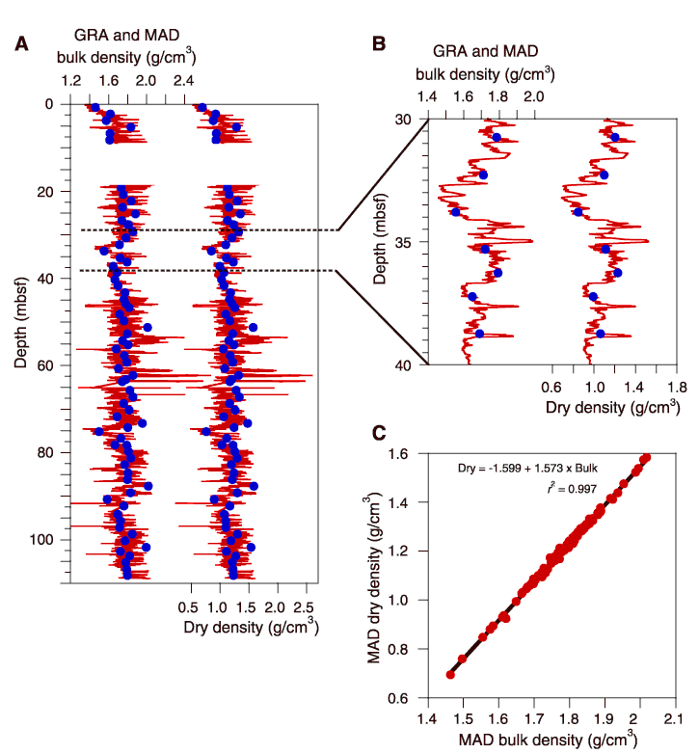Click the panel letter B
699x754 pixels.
(x=379, y=42)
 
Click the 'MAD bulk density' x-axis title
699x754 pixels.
(x=547, y=740)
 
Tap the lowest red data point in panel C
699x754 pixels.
(x=450, y=675)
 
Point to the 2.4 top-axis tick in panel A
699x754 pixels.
(x=184, y=82)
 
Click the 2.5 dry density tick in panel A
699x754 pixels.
(x=307, y=607)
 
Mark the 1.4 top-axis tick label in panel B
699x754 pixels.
(x=427, y=97)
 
